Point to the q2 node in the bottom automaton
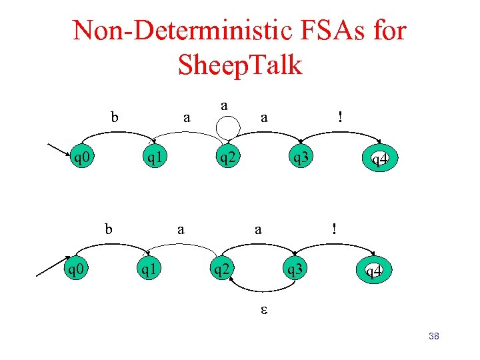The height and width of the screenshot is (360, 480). click(x=221, y=270)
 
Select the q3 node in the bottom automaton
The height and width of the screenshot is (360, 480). click(x=294, y=270)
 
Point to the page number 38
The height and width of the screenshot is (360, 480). click(x=433, y=336)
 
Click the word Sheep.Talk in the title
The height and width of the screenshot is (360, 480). click(x=240, y=65)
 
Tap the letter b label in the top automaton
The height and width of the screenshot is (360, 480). click(x=115, y=117)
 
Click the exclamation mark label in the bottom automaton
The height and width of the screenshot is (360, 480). click(x=335, y=229)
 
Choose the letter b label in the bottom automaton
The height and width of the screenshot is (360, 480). click(x=109, y=229)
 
